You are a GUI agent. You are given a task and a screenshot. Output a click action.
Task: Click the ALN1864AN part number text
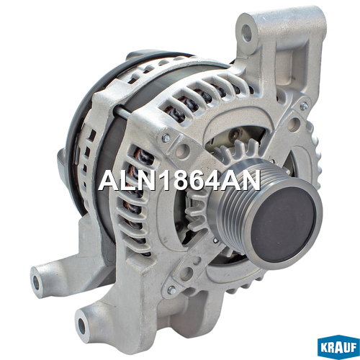(179, 180)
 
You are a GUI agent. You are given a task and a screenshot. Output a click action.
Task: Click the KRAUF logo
(338, 347)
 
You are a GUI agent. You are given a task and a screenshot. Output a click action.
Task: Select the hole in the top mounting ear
(247, 32)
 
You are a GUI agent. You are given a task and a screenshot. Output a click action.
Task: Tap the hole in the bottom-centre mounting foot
(82, 326)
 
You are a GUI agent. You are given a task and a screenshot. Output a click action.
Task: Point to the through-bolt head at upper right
(304, 106)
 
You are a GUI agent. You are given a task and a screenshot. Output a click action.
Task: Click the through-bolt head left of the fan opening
(166, 138)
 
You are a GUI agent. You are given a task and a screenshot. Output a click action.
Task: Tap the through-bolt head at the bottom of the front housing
(172, 290)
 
